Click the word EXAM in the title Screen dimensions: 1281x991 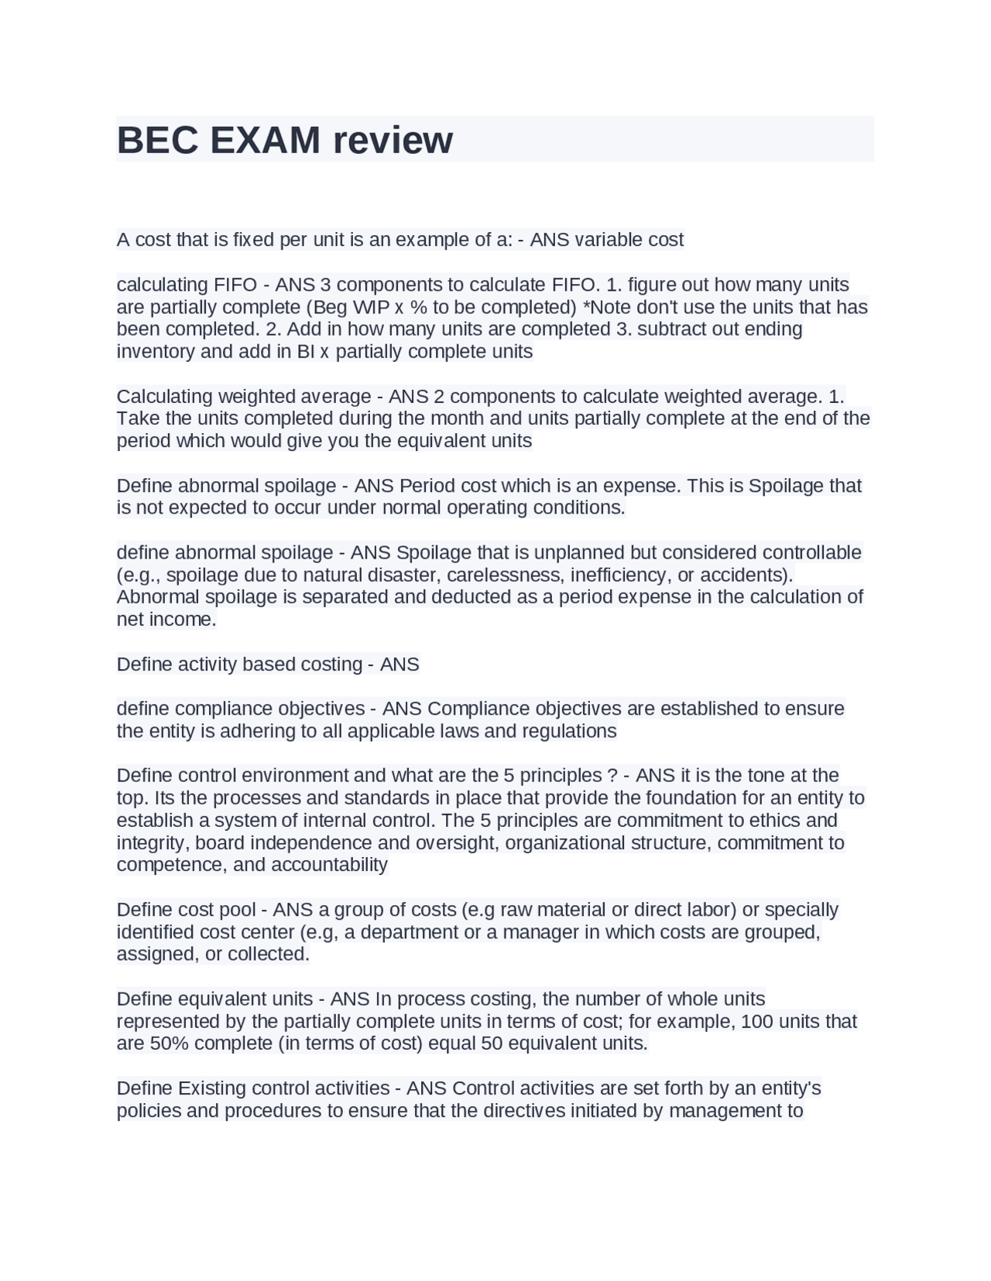point(265,140)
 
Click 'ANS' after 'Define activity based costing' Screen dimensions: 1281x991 point(399,664)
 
